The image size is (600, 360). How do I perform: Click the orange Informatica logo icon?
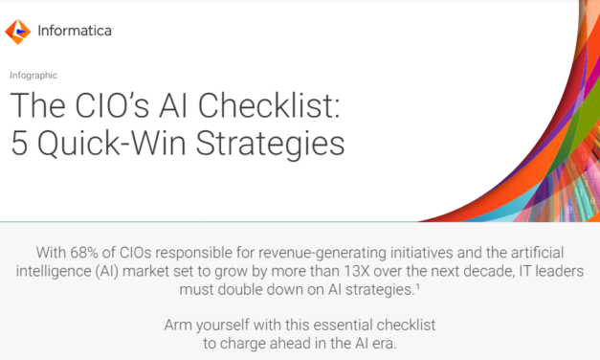point(18,32)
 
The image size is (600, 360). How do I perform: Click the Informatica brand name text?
point(73,32)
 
